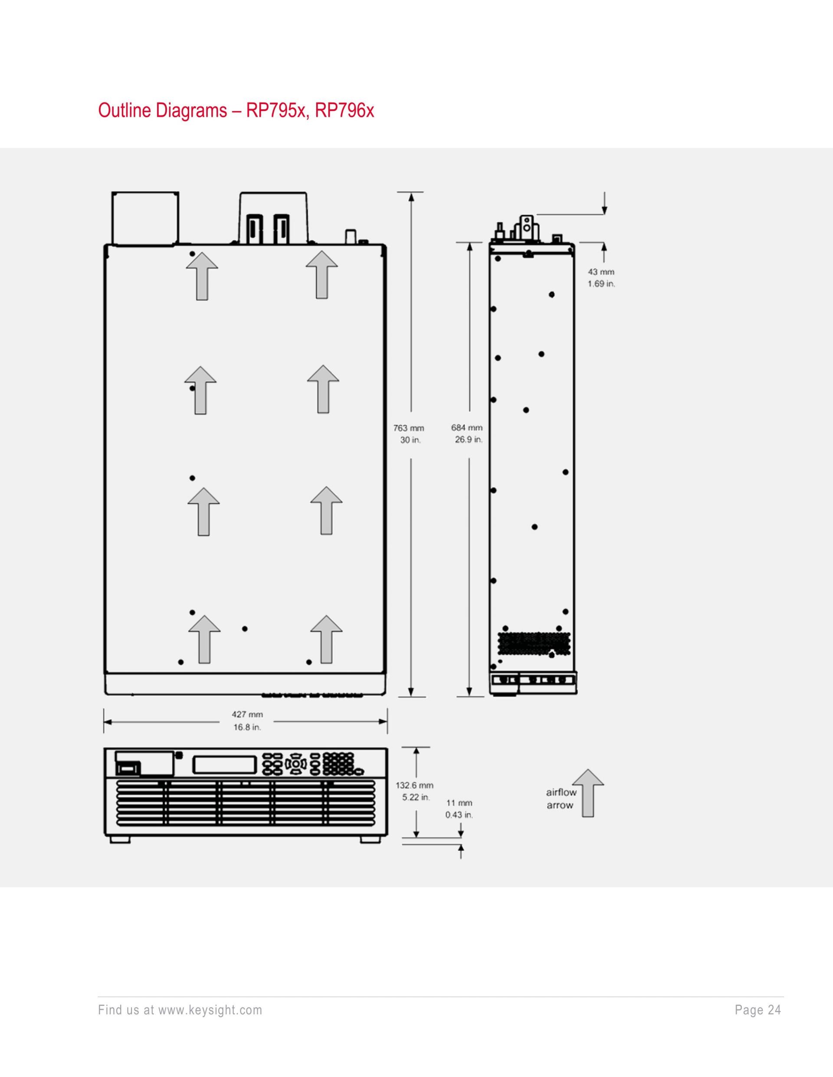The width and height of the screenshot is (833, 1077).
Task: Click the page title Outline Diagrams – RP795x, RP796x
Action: point(236,110)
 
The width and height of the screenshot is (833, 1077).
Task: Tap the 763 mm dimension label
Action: point(409,428)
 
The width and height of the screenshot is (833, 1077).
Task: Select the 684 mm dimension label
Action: point(467,428)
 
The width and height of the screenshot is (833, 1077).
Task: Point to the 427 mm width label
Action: point(247,714)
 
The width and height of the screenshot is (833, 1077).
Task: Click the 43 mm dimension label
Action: point(601,272)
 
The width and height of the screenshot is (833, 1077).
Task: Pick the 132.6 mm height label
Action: point(414,785)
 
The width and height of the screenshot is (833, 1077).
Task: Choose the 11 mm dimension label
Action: point(459,803)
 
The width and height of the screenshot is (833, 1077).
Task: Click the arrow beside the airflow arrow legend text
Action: point(588,793)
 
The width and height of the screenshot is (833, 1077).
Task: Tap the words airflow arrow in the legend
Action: point(561,799)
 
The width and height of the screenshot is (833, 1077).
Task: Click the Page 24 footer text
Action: point(758,1010)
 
